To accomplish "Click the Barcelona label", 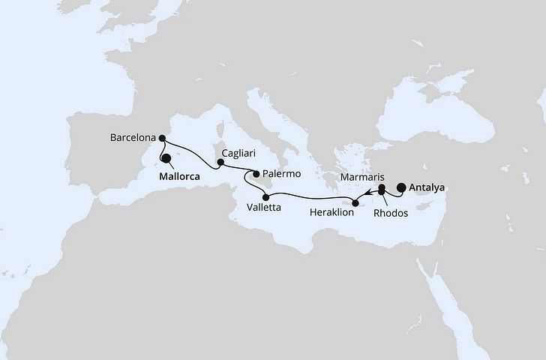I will [131, 138].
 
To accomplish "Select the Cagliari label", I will [239, 161].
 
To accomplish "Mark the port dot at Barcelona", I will [163, 137].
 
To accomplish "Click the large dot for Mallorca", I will [166, 158].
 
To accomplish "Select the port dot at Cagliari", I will [220, 160].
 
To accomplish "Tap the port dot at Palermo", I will [256, 174].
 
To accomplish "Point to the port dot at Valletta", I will [265, 197].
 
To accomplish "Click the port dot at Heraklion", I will [355, 202].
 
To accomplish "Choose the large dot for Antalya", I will [402, 189].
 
